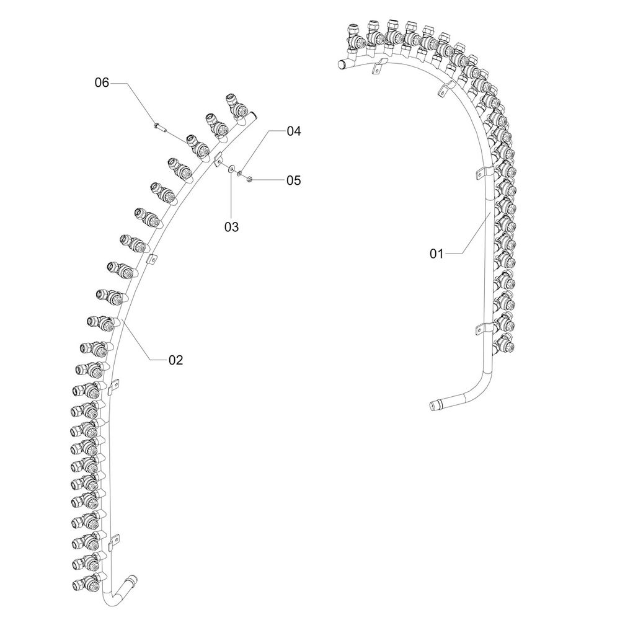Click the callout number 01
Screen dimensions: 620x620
(436, 254)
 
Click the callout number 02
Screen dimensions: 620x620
(176, 360)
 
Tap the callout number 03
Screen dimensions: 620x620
(232, 227)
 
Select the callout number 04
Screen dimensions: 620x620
(294, 131)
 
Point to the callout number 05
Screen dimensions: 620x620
(294, 180)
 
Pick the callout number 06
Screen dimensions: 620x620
(102, 82)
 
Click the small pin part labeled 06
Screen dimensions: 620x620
(159, 127)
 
